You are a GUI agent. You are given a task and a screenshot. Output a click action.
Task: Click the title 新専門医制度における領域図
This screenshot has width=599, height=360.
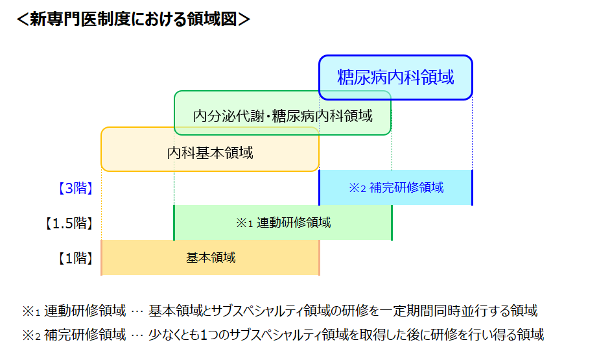tap(134, 19)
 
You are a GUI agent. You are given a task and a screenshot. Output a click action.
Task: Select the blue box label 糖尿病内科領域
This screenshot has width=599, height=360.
tap(395, 77)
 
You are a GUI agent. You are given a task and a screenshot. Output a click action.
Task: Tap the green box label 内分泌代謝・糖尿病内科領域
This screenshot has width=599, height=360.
tap(283, 116)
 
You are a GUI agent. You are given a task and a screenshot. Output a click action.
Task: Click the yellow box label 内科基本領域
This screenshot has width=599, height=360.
tap(210, 153)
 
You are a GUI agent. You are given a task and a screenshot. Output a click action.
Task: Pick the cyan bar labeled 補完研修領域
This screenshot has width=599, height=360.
tap(395, 187)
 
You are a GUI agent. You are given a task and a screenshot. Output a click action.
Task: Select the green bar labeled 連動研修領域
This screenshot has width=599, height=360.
tap(283, 222)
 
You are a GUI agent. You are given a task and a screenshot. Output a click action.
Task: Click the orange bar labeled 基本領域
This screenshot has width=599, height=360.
tap(211, 258)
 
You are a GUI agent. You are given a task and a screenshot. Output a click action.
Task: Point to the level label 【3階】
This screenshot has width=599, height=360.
tap(75, 188)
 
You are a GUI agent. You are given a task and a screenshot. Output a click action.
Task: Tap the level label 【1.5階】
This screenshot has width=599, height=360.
tap(69, 223)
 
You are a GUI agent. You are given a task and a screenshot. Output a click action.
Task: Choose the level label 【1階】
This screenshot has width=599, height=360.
tap(75, 258)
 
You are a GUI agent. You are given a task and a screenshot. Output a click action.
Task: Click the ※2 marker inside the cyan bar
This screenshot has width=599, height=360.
tap(358, 188)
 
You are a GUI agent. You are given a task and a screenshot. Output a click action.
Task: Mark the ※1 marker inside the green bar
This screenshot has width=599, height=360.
tap(244, 223)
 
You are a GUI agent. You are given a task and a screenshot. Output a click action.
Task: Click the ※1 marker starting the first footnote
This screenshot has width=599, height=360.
tap(31, 311)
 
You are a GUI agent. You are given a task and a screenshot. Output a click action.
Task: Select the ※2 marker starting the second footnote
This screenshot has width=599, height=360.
tap(31, 335)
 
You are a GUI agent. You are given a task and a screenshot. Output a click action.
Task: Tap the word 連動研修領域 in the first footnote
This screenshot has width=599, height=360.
tap(85, 311)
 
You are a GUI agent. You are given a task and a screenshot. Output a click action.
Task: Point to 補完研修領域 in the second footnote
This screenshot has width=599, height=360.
tap(85, 335)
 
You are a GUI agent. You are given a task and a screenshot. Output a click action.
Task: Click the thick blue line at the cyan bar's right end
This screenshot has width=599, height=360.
tap(472, 187)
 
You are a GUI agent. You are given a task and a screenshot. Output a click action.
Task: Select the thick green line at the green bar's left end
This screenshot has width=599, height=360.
tap(174, 222)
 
